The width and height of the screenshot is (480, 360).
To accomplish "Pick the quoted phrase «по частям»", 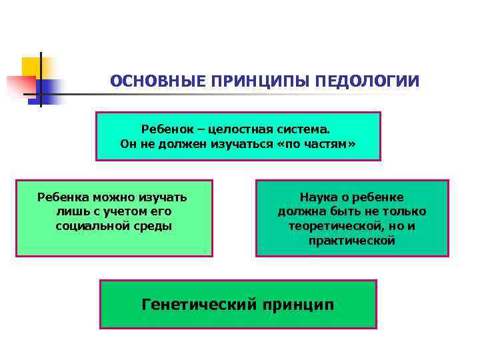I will tap(321, 143).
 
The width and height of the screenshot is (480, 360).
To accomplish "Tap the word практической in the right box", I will tap(352, 241).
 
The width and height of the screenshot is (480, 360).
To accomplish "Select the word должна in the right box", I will tap(299, 211).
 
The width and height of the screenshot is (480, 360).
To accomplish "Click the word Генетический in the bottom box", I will tap(199, 305).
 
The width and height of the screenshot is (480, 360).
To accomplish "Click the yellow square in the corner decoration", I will tap(30, 66).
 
